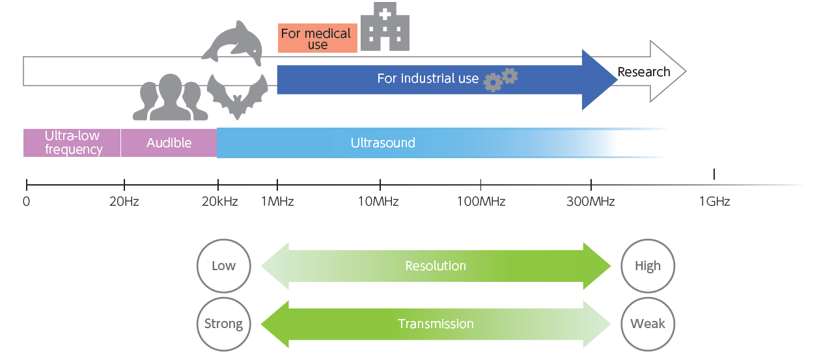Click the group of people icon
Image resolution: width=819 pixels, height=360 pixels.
point(170,98)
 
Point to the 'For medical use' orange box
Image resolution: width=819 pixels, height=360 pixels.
point(317,38)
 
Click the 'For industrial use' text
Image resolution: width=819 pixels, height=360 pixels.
point(428,79)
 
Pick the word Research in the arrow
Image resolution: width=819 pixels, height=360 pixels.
point(644,72)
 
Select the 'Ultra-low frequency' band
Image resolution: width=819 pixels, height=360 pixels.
point(72,143)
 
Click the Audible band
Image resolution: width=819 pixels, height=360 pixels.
point(169,143)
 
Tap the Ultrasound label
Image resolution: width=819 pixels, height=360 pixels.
point(383,143)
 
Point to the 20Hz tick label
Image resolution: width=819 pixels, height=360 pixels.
point(124,202)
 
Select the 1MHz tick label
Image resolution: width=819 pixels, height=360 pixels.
point(277,202)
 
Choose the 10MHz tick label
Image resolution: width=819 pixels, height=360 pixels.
point(378,202)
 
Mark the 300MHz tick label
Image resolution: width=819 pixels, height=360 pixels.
point(590,202)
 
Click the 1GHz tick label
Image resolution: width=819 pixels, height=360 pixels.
point(714,202)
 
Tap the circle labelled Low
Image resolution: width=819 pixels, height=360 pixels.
point(223,266)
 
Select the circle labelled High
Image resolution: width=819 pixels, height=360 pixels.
point(648,266)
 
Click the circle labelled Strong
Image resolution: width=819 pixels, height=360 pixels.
point(223,324)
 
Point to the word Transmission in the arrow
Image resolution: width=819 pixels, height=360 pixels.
point(436,324)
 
